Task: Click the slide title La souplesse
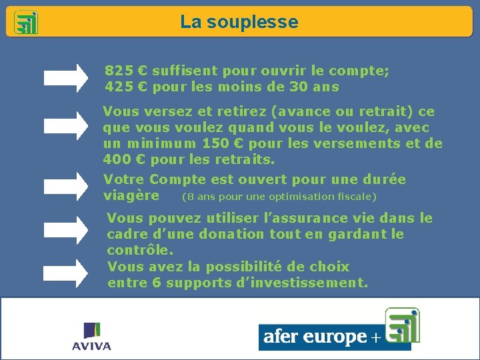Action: coord(239,22)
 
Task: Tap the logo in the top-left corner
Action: coord(26,22)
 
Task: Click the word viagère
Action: coord(131,196)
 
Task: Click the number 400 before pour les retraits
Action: coord(116,160)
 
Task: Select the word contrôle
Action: coord(139,251)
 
